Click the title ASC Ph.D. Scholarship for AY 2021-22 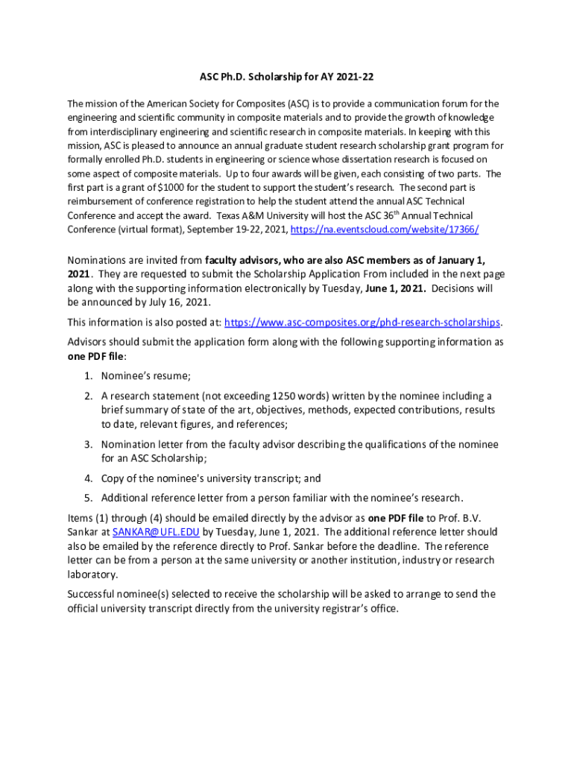coord(287,77)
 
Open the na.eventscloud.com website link coord(384,229)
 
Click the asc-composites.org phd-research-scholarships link coord(362,323)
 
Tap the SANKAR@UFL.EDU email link coord(156,532)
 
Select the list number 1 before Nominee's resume coord(88,376)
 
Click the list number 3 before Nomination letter coord(88,445)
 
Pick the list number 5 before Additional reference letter coord(88,498)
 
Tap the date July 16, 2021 coord(178,303)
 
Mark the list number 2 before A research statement coord(88,396)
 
